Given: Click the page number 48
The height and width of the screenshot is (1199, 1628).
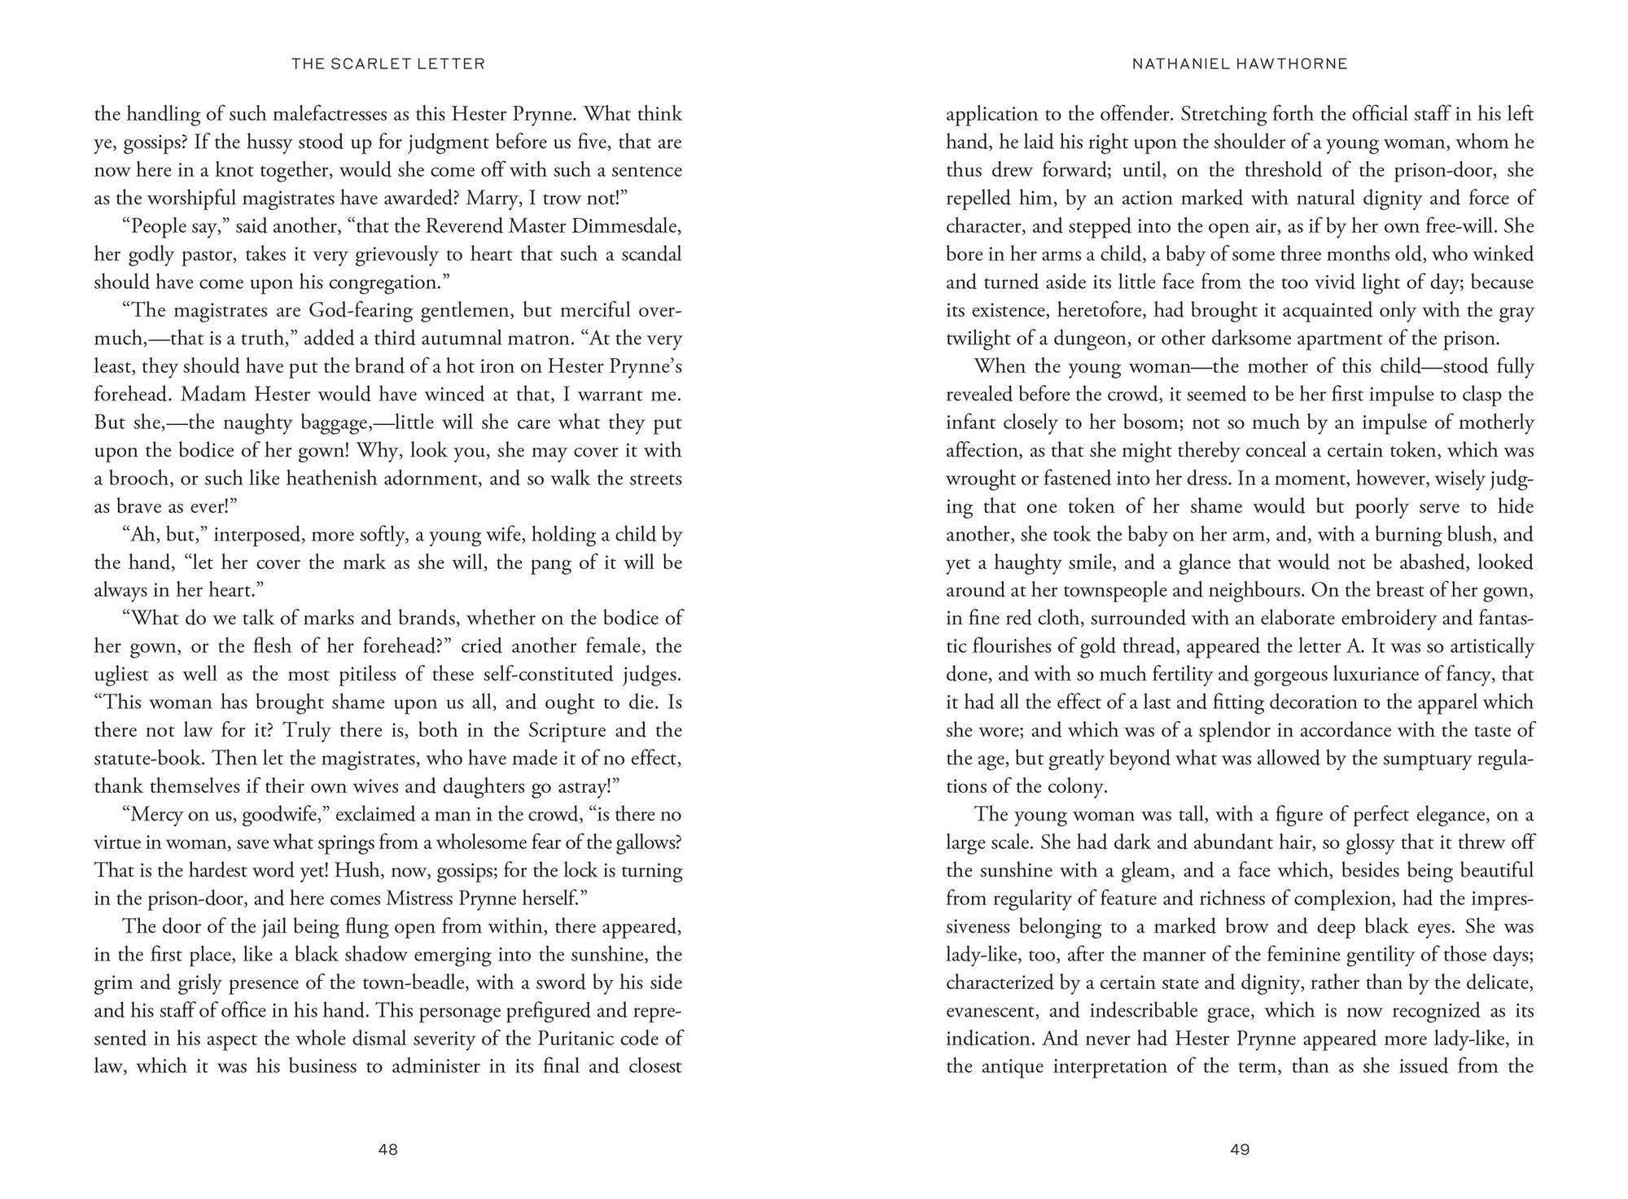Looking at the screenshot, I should coord(388,1149).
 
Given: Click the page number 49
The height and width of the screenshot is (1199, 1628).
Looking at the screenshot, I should coord(1240,1149).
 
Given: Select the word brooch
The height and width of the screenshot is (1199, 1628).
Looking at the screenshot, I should coord(138,479).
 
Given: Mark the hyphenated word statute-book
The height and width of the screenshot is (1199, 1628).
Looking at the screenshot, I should coord(148,759).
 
